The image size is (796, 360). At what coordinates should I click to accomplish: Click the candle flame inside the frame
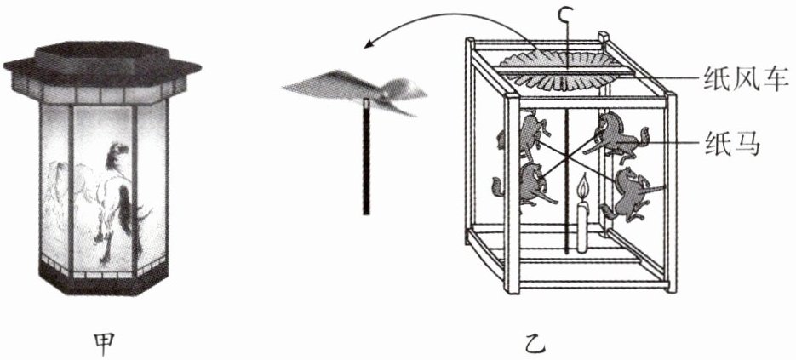tap(583, 186)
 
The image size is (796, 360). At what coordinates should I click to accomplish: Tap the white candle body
tap(582, 226)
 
